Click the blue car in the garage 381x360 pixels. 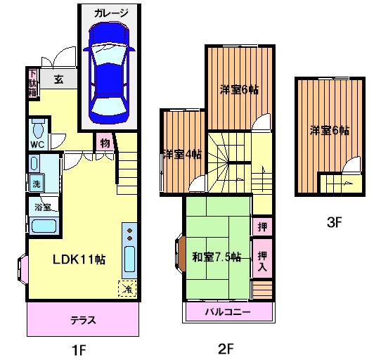point(109,73)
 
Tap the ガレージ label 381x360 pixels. point(111,13)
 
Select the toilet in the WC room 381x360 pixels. point(38,129)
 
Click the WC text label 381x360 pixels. point(37,144)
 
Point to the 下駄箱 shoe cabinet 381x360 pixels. point(33,83)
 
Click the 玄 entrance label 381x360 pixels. point(58,79)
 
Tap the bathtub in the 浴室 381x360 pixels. point(44,226)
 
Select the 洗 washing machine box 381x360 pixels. point(37,184)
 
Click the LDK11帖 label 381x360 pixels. point(79,259)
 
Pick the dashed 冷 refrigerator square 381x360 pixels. point(127,288)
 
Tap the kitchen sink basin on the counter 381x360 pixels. point(129,259)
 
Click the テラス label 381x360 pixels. point(83,321)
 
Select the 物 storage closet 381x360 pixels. point(105,143)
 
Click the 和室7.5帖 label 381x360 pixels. point(217,257)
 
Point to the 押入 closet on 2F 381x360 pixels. point(262,258)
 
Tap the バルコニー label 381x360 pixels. point(228,312)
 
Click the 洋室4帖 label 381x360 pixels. point(182,155)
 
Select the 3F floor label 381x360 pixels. point(335,222)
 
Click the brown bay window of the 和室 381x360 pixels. point(181,253)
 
